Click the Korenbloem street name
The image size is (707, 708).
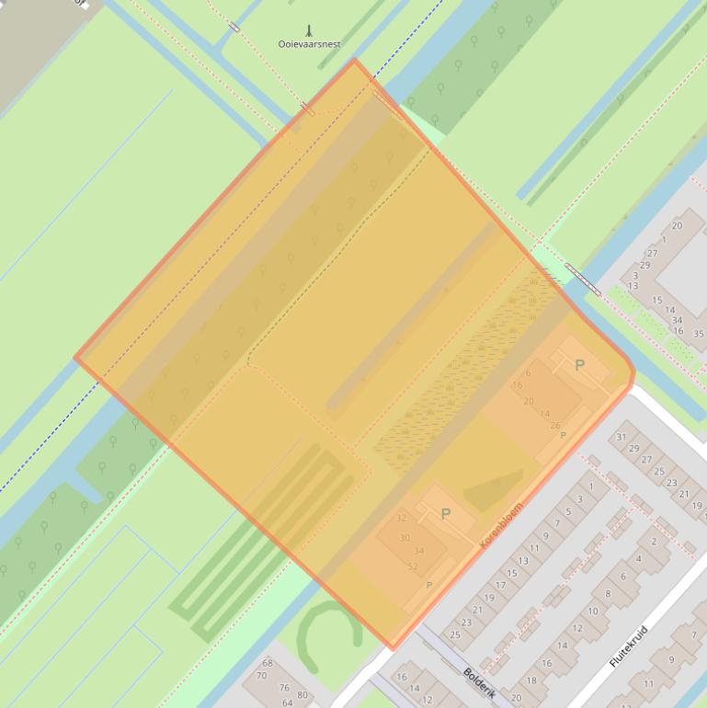tap(501, 525)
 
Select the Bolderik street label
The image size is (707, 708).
tap(479, 684)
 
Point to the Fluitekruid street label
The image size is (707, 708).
tap(629, 646)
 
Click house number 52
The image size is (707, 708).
tap(412, 566)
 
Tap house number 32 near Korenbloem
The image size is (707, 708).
tap(401, 518)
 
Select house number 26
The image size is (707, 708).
tap(554, 425)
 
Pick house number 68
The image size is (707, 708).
tap(268, 663)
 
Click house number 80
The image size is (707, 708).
tap(302, 694)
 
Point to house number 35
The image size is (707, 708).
tap(699, 334)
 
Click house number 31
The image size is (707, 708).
tap(621, 437)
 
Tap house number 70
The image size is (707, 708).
tap(261, 676)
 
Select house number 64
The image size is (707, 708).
tap(288, 702)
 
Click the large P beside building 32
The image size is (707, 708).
tap(446, 514)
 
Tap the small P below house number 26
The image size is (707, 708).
tap(563, 435)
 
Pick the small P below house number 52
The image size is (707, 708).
tap(428, 585)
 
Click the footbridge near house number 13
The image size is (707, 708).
tap(584, 280)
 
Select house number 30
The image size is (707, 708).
tap(405, 537)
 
